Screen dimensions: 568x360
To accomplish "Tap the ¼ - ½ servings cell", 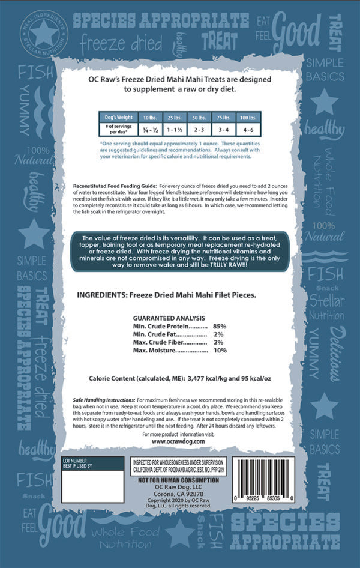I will [147, 128].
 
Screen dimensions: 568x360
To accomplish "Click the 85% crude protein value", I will [218, 325].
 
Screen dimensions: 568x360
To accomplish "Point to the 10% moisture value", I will [220, 351].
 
